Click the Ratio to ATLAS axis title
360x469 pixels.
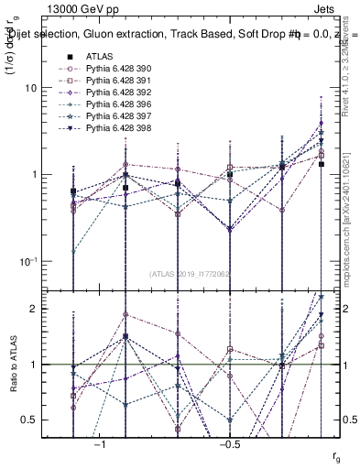[12, 365]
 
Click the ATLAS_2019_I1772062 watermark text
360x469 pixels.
[191, 274]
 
